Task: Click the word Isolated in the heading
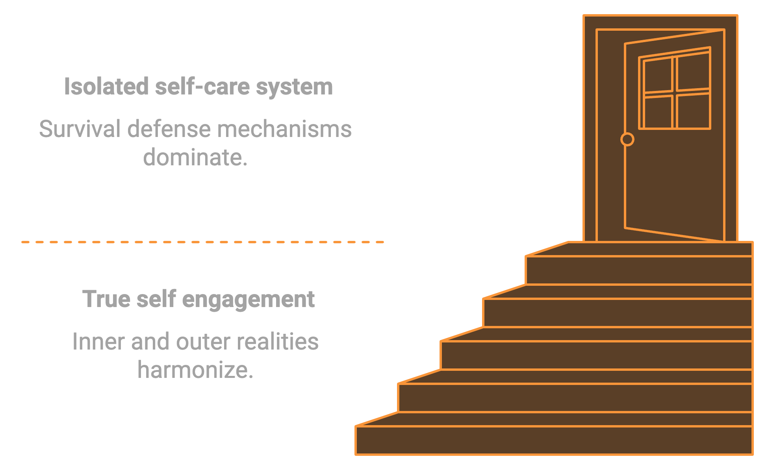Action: (x=106, y=86)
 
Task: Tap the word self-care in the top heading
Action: (x=202, y=86)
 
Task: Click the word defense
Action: (x=169, y=129)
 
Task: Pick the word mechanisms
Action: (x=284, y=129)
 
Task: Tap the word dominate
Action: (x=195, y=157)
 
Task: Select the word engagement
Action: (x=248, y=300)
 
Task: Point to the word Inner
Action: (x=98, y=341)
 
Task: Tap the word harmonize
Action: (x=195, y=370)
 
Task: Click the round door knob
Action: (x=627, y=139)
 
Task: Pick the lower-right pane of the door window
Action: (x=694, y=111)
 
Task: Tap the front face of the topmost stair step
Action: (x=638, y=270)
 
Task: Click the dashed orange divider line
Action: (x=202, y=242)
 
